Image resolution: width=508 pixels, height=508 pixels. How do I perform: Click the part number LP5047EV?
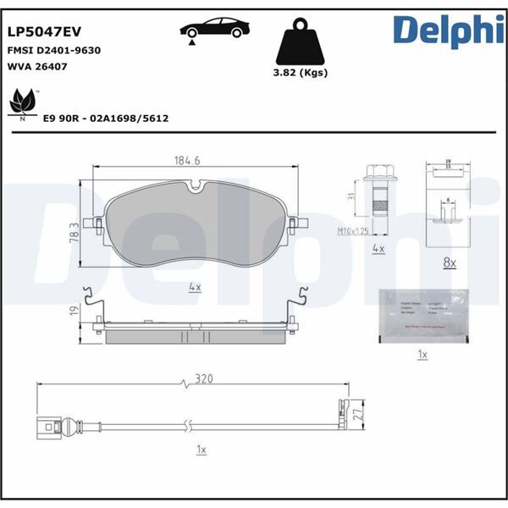pyautogui.click(x=45, y=31)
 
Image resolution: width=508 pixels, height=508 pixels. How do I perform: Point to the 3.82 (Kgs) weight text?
pyautogui.click(x=300, y=73)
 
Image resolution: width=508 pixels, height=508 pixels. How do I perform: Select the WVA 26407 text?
pyautogui.click(x=37, y=66)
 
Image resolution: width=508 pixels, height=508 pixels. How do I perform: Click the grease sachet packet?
pyautogui.click(x=421, y=313)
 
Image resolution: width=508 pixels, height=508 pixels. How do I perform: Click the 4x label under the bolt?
pyautogui.click(x=378, y=250)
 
